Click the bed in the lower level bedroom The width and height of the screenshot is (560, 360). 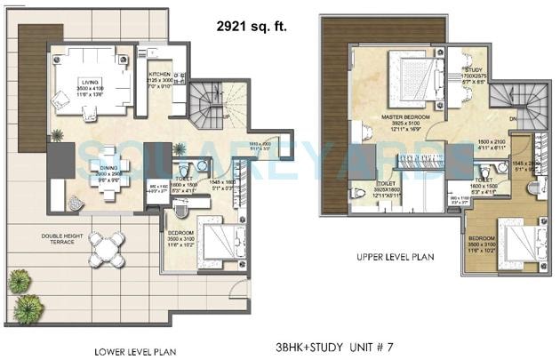click(219, 243)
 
